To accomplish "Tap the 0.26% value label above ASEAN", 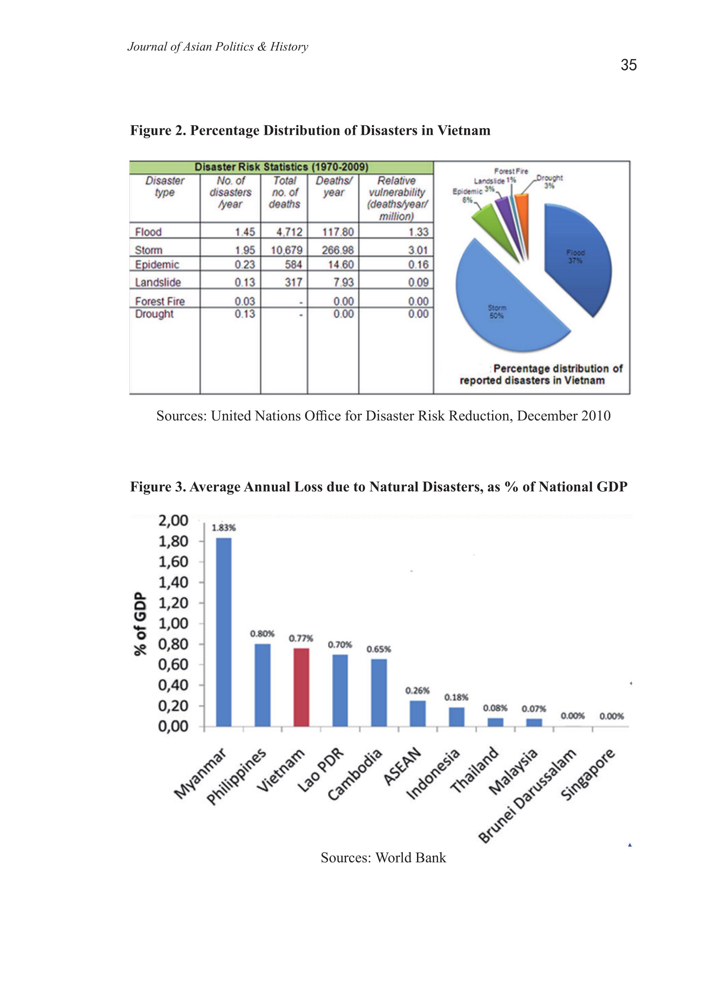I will coord(417,690).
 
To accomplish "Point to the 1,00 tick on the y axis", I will coord(173,623).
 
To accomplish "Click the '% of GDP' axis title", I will coord(140,624).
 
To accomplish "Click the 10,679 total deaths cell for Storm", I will coord(286,250).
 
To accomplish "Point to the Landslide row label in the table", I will coord(158,282).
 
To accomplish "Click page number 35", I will coord(628,65).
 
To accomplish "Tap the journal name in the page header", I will coord(217,47).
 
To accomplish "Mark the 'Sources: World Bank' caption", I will coord(383,857).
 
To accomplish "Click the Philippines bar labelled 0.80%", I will coord(263,685).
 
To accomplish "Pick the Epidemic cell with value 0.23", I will coord(245,265).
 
